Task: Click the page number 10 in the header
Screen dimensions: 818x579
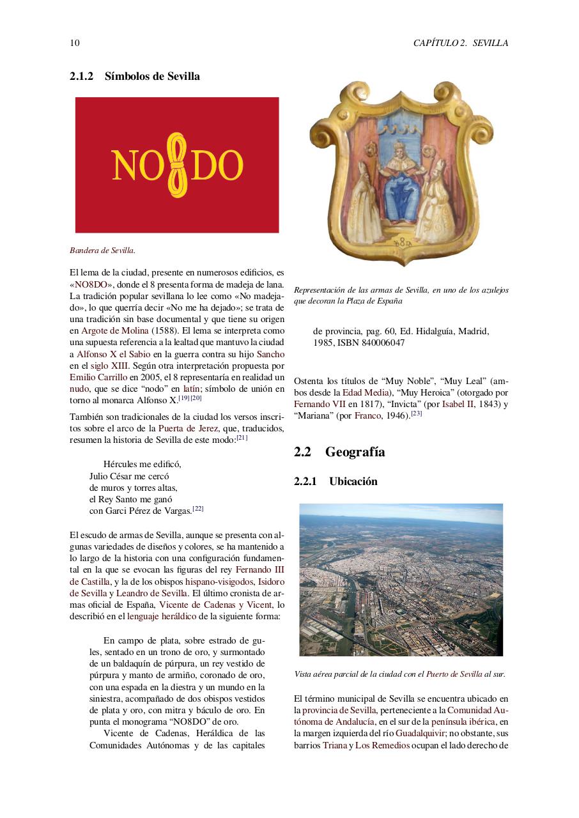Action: (74, 43)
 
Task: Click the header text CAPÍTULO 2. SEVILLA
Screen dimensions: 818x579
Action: (460, 43)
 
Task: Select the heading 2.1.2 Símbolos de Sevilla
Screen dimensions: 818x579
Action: (135, 76)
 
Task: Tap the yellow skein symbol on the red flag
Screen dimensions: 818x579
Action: (177, 165)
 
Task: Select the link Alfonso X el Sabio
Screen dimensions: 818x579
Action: (113, 353)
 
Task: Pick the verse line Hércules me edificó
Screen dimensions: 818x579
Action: (142, 464)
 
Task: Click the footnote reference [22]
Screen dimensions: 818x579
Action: (198, 509)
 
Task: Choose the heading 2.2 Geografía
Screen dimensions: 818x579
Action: (339, 452)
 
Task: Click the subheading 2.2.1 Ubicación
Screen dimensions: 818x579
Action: (336, 481)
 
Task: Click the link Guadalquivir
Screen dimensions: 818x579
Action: (420, 734)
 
